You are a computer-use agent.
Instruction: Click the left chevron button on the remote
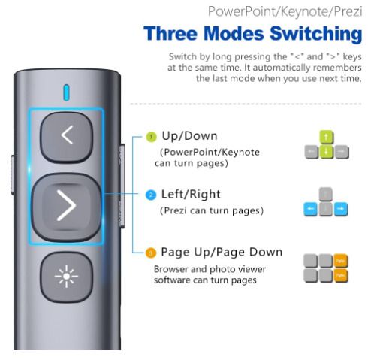point(67,137)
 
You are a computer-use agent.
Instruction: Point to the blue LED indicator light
point(66,93)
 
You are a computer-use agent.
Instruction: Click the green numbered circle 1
point(151,137)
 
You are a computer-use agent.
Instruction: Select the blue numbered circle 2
point(151,195)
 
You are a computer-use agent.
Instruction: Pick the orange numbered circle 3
point(151,253)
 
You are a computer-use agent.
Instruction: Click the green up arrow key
point(327,137)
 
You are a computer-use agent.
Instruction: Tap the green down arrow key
point(327,152)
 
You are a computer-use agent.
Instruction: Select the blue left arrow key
point(310,209)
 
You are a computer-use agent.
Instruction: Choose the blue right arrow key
point(341,209)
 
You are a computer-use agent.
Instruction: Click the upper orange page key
point(341,261)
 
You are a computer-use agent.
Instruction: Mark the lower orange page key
point(341,276)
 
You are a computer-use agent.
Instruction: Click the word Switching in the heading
point(316,34)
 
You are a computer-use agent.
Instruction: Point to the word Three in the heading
point(171,33)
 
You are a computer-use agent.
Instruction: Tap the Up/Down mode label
point(189,136)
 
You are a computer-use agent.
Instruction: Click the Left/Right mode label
point(191,194)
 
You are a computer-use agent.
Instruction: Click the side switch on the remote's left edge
point(13,174)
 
